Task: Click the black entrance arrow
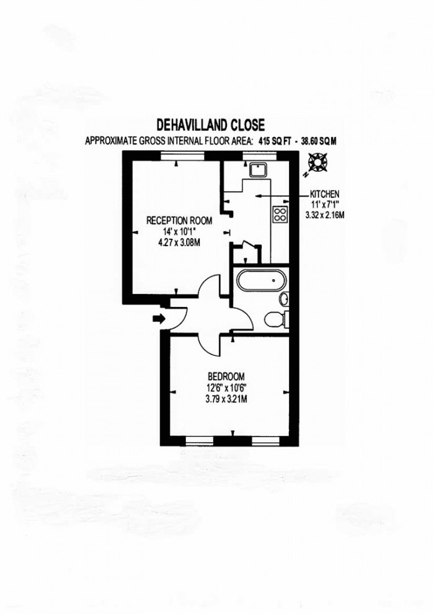tap(159, 319)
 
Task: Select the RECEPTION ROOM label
tap(179, 220)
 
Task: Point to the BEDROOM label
tap(226, 376)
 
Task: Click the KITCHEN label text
tap(324, 194)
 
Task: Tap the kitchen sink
tap(257, 169)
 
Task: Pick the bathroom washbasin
tap(284, 300)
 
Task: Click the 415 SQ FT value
tap(275, 141)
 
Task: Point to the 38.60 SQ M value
tap(317, 141)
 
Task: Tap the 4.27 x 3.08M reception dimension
tap(179, 242)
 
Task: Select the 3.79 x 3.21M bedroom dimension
tap(226, 399)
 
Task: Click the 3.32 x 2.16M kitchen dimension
tap(324, 215)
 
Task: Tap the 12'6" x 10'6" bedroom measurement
tap(226, 388)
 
